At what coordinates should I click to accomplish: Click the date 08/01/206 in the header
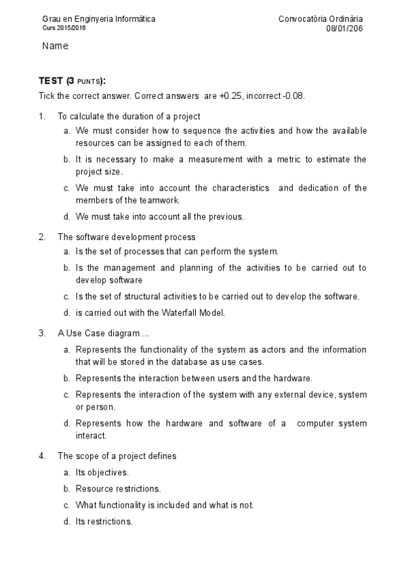point(344,28)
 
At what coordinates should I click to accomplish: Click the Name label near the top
point(55,46)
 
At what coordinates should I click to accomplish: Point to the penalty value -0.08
point(293,96)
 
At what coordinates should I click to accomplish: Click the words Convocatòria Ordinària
point(320,19)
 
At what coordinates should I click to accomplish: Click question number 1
point(42,116)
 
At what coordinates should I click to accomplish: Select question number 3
point(42,333)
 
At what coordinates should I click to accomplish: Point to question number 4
point(42,456)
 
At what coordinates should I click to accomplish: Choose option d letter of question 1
point(66,217)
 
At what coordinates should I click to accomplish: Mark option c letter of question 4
point(66,505)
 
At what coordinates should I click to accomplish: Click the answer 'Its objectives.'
point(102,472)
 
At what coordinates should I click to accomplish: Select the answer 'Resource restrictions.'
point(118,488)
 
